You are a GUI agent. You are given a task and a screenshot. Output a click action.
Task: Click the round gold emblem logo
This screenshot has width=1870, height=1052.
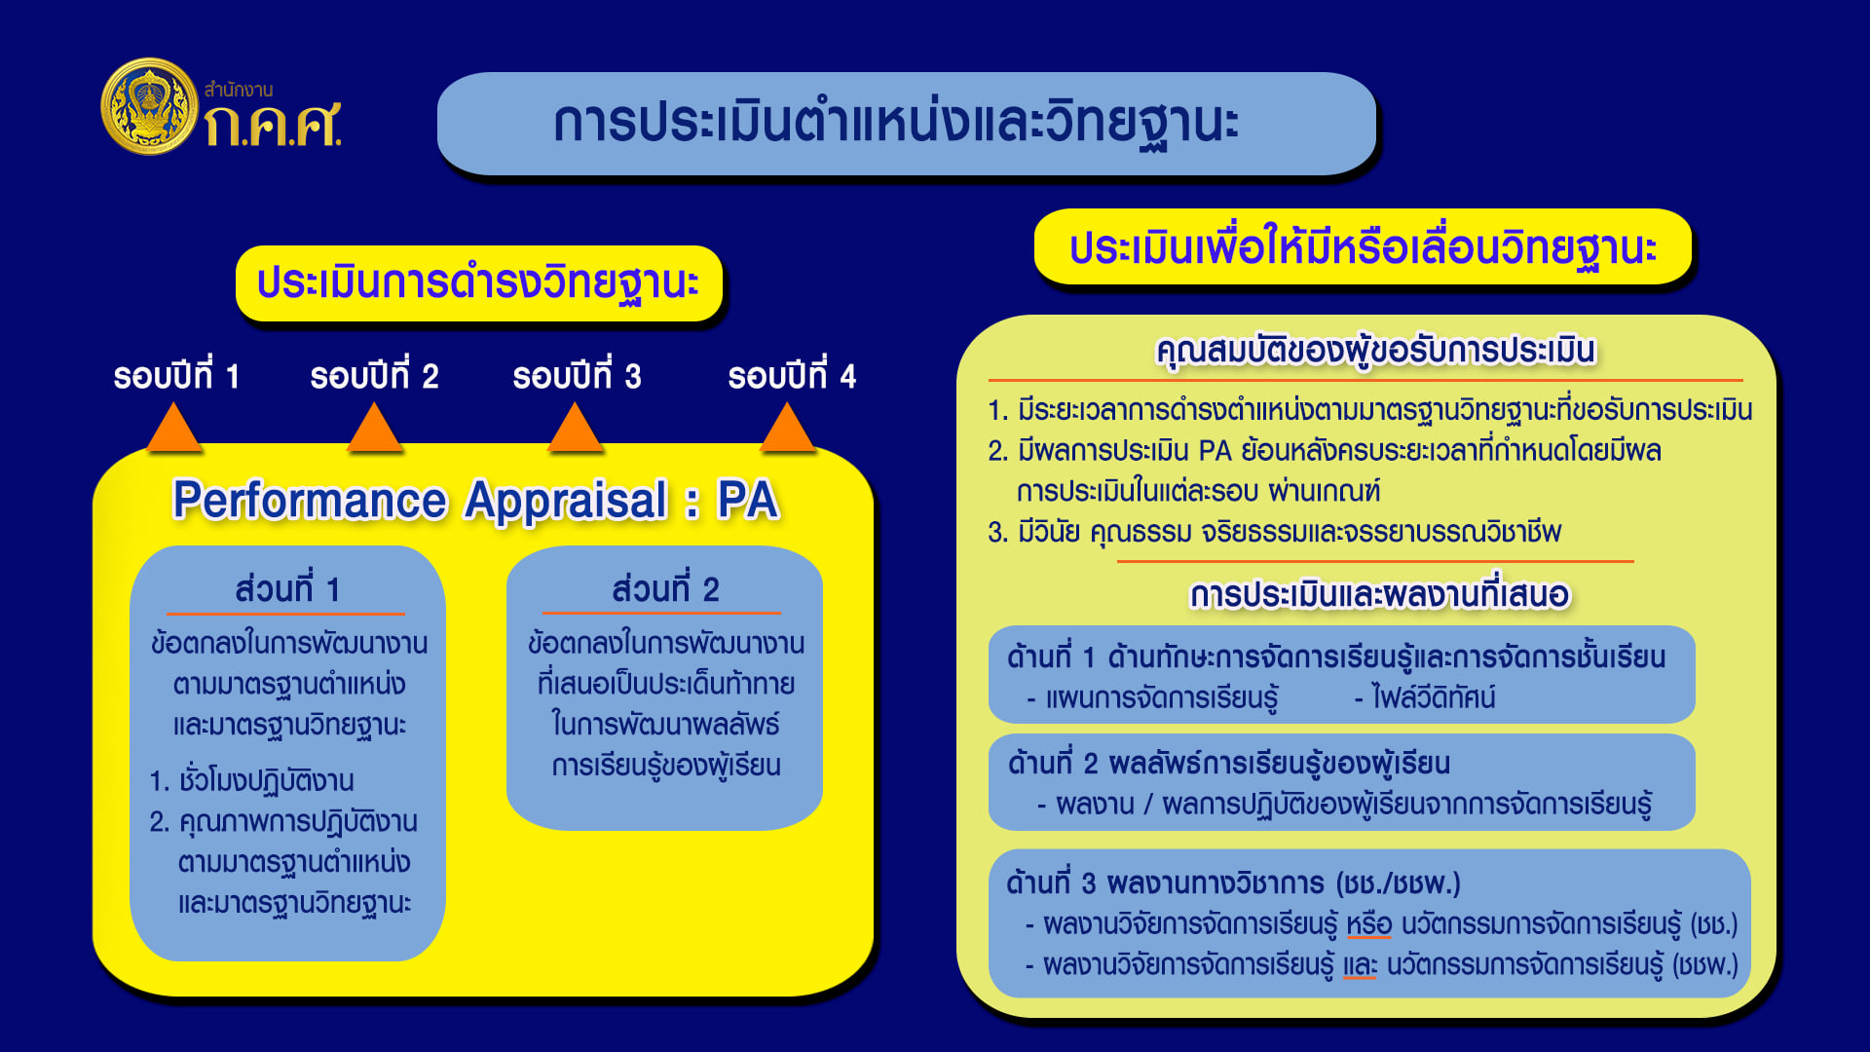(150, 106)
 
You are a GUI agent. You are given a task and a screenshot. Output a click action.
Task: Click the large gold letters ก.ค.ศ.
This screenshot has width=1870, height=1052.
(273, 125)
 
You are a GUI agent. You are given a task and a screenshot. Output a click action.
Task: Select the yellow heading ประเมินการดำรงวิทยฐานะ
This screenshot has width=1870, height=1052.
(478, 283)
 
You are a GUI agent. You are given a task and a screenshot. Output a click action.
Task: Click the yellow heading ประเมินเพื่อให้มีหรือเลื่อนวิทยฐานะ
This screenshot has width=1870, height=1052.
(1363, 246)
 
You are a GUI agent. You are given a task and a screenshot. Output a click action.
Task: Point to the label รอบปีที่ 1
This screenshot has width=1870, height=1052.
(176, 375)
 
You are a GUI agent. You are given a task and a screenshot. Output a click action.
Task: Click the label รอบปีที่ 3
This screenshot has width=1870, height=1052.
(577, 375)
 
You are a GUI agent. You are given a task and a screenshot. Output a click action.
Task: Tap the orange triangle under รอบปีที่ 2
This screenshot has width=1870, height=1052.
(374, 428)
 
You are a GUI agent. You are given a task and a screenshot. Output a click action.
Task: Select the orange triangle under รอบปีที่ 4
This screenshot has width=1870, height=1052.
(787, 428)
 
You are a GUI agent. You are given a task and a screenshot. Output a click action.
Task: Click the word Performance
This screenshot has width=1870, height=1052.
(310, 501)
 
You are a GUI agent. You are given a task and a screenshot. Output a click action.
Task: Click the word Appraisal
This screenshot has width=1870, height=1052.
(566, 501)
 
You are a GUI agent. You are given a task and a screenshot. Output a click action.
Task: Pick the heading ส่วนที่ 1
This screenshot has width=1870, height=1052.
(287, 589)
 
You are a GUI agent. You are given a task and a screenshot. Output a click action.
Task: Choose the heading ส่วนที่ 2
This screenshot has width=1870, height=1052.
(665, 589)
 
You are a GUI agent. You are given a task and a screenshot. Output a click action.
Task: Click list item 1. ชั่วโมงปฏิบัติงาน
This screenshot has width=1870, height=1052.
(251, 780)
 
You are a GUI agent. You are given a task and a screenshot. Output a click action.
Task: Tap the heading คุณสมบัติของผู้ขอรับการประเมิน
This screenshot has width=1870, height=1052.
(1375, 351)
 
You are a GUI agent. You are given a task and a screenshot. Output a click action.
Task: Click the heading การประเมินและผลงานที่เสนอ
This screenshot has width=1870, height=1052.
(1379, 594)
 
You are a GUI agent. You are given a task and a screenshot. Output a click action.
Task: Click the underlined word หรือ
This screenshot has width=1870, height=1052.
(1369, 923)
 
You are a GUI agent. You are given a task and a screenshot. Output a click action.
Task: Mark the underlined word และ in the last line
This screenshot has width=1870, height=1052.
(1360, 964)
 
